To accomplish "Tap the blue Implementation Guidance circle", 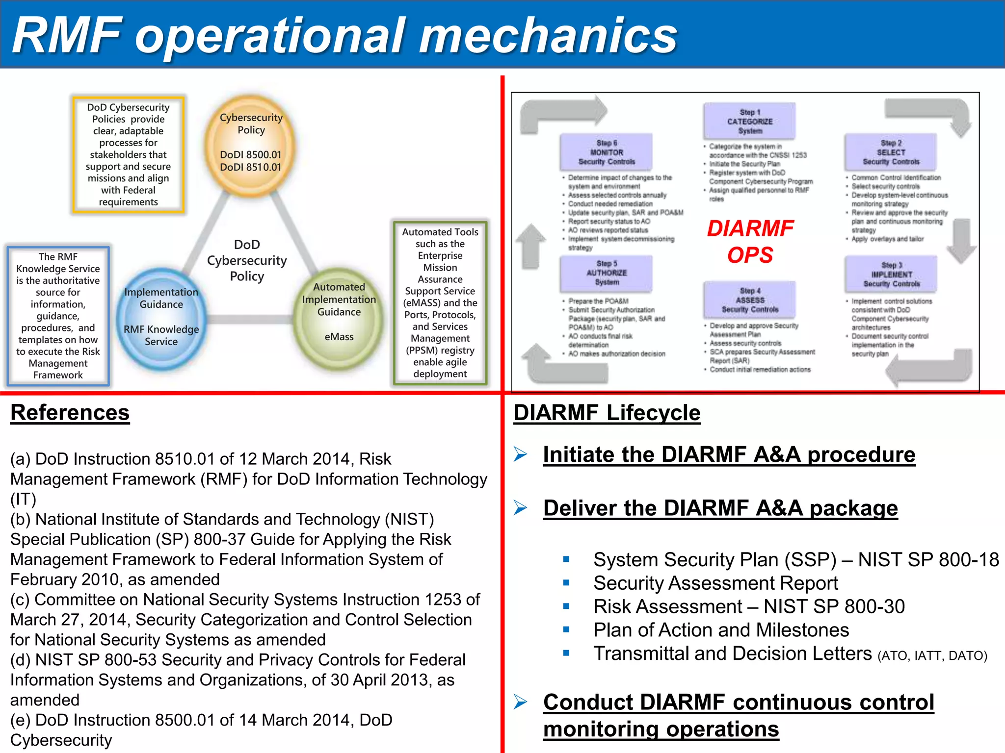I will (161, 317).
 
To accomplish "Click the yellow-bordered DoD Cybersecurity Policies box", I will (128, 154).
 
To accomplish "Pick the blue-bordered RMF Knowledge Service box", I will (58, 316).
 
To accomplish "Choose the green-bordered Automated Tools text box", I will (440, 302).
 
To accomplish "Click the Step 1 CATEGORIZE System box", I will (749, 121).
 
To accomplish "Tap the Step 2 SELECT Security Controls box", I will (891, 152).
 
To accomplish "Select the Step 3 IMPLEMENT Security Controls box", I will (891, 275).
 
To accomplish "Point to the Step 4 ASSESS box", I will (749, 300).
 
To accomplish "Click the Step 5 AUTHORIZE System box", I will (607, 273).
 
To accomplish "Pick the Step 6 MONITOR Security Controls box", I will (607, 152).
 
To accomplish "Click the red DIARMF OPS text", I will (750, 241).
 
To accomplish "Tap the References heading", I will (70, 412).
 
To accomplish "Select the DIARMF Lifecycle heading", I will (607, 413).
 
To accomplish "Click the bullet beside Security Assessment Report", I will (566, 583).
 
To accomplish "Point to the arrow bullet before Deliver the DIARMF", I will (521, 507).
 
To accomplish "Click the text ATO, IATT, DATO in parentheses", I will (932, 656).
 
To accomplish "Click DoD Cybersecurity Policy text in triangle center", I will (247, 260).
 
